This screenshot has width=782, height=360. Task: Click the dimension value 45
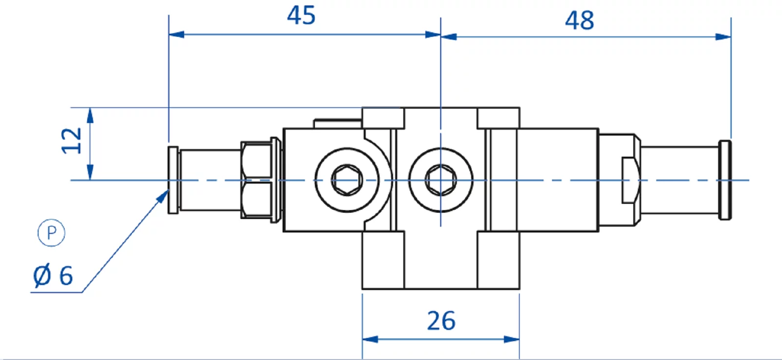[301, 16]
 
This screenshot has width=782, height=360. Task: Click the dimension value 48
[580, 21]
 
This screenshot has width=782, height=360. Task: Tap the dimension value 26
[441, 321]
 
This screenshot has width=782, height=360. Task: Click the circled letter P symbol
[51, 233]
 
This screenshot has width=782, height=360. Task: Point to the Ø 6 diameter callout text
[53, 276]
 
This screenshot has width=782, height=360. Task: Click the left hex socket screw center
[347, 180]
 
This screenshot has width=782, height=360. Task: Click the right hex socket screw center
[441, 180]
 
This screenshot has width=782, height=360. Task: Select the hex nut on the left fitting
[257, 180]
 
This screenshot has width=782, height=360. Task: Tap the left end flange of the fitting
[173, 180]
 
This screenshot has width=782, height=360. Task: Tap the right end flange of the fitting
[725, 180]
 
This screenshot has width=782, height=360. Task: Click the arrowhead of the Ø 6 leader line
[164, 196]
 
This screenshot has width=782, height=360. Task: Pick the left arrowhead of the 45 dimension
[176, 35]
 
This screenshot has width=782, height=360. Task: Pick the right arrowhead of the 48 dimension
[723, 37]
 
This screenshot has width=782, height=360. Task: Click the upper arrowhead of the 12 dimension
[90, 115]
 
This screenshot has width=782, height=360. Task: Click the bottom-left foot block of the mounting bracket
[383, 259]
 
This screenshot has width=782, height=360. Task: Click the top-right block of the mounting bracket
[498, 118]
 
